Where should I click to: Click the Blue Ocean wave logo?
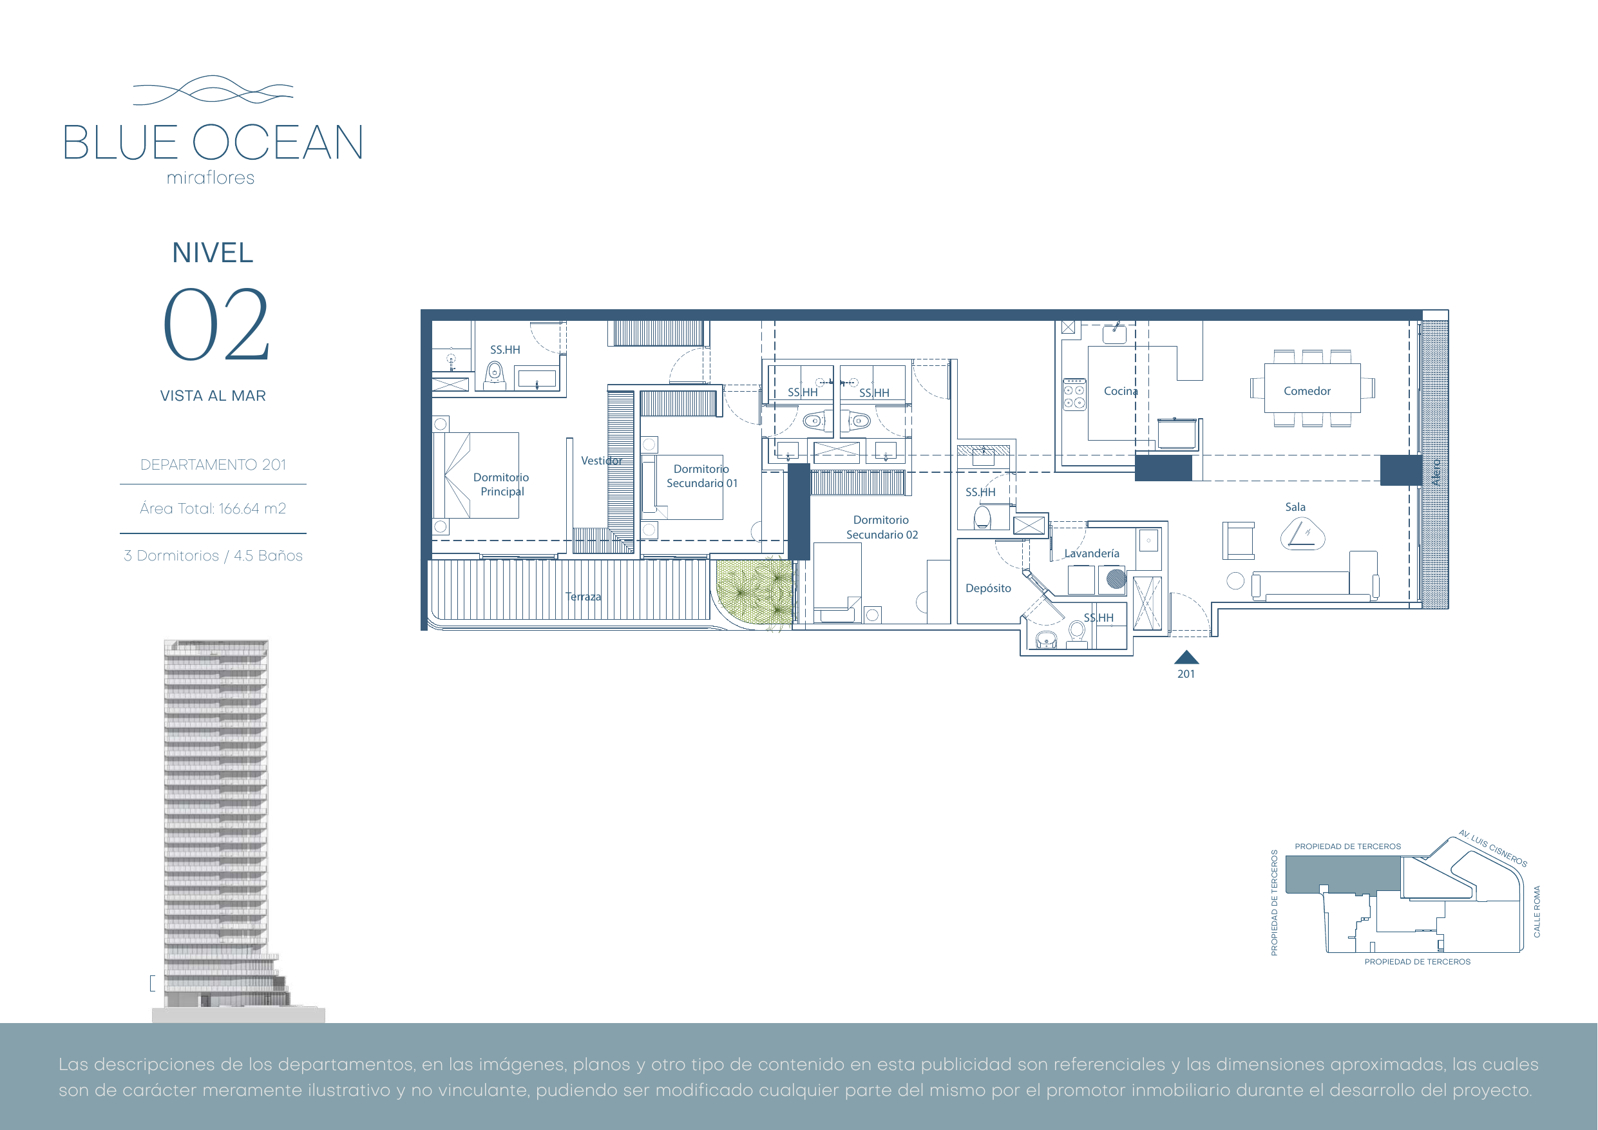pyautogui.click(x=213, y=90)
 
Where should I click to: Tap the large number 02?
pyautogui.click(x=216, y=325)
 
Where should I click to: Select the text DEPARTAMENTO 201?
pyautogui.click(x=213, y=464)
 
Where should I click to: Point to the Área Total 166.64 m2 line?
pyautogui.click(x=213, y=508)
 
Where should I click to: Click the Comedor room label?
pyautogui.click(x=1307, y=391)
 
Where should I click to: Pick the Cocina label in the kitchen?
pyautogui.click(x=1121, y=391)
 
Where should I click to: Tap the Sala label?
pyautogui.click(x=1295, y=507)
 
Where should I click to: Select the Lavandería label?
pyautogui.click(x=1091, y=553)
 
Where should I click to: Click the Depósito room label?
pyautogui.click(x=988, y=588)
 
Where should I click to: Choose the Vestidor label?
pyautogui.click(x=602, y=461)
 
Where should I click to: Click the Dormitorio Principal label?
pyautogui.click(x=501, y=484)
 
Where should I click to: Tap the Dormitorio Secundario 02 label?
pyautogui.click(x=882, y=527)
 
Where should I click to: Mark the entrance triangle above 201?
pyautogui.click(x=1186, y=657)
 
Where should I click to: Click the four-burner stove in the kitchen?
pyautogui.click(x=1074, y=395)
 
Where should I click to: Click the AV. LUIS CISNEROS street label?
pyautogui.click(x=1493, y=848)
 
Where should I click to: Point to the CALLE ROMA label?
pyautogui.click(x=1537, y=912)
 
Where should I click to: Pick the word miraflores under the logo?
pyautogui.click(x=210, y=178)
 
